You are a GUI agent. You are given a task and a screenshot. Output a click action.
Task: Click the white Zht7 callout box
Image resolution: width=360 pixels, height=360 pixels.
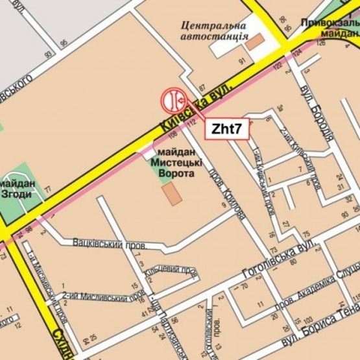point(227,128)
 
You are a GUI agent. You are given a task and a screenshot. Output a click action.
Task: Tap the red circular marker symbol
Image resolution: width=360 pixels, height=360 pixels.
point(174,101)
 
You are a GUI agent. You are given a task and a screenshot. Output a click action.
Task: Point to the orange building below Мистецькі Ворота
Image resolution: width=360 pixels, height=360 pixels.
point(172,194)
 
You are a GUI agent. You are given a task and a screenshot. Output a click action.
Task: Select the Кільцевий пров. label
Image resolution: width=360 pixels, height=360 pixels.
point(171,271)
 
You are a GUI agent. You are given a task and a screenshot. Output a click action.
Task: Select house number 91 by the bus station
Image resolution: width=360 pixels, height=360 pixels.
point(242,62)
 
